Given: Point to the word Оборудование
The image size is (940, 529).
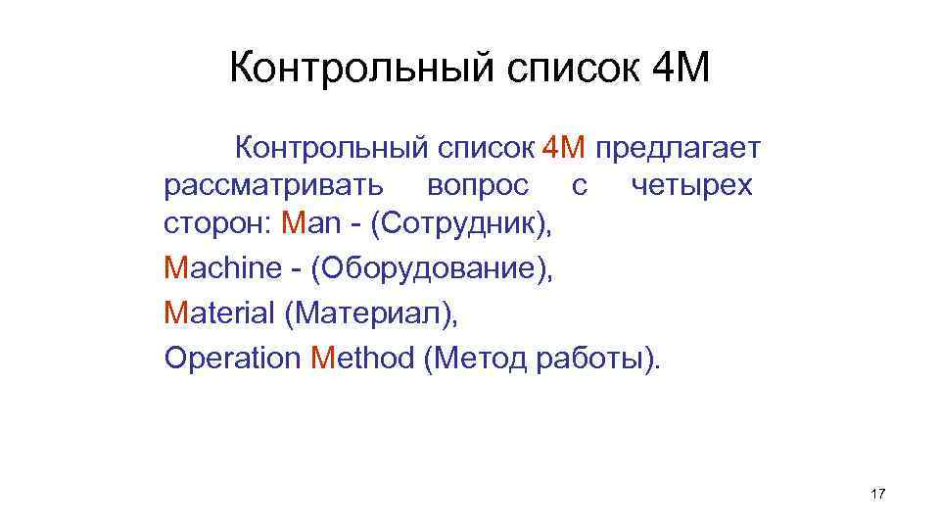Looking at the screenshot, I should tap(431, 267).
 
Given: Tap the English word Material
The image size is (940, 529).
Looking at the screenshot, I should tap(219, 313).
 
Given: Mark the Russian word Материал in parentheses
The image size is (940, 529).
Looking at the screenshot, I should tap(370, 313).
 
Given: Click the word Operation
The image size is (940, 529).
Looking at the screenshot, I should tap(233, 358).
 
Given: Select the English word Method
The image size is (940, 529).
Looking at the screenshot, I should tap(362, 358).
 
